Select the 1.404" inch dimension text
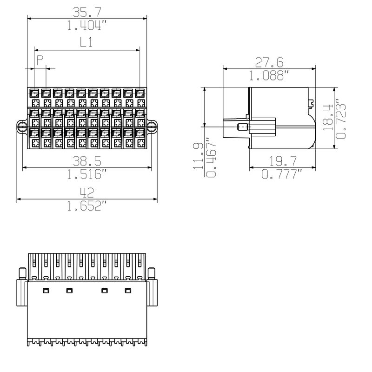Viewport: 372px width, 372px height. click(x=87, y=26)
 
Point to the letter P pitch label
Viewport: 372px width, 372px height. click(x=40, y=60)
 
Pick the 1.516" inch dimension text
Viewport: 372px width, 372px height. click(x=87, y=175)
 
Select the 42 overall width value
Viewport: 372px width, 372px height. click(x=87, y=192)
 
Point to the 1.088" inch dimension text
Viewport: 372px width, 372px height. click(x=270, y=75)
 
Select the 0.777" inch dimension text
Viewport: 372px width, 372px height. click(x=282, y=175)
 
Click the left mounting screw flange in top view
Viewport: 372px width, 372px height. click(x=21, y=126)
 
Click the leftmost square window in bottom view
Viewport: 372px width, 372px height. click(x=46, y=291)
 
